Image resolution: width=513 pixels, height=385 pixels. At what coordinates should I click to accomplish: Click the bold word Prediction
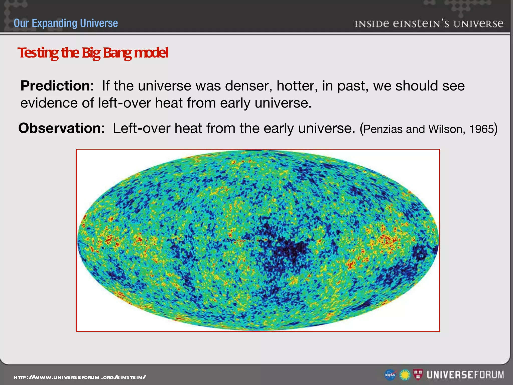[55, 86]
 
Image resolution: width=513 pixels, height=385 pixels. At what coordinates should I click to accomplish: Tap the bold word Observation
[60, 128]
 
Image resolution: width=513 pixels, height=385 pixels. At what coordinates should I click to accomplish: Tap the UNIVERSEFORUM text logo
[465, 375]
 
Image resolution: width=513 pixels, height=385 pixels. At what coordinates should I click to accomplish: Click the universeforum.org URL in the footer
[80, 377]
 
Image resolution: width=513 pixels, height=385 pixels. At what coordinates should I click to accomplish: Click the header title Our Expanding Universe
[66, 23]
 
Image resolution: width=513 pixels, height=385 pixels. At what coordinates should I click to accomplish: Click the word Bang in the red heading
[117, 53]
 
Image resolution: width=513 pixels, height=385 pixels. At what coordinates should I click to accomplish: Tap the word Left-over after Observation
[141, 128]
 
